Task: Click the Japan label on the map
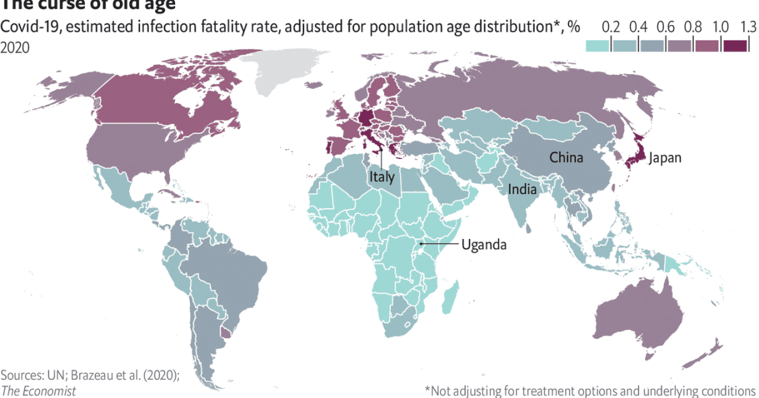[x=665, y=158]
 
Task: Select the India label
[x=522, y=189]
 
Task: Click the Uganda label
[x=484, y=244]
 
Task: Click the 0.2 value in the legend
[x=610, y=28]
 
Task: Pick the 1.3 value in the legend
[x=748, y=28]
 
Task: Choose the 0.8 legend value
[x=692, y=28]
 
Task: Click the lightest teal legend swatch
[x=598, y=45]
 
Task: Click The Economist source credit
[x=38, y=391]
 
